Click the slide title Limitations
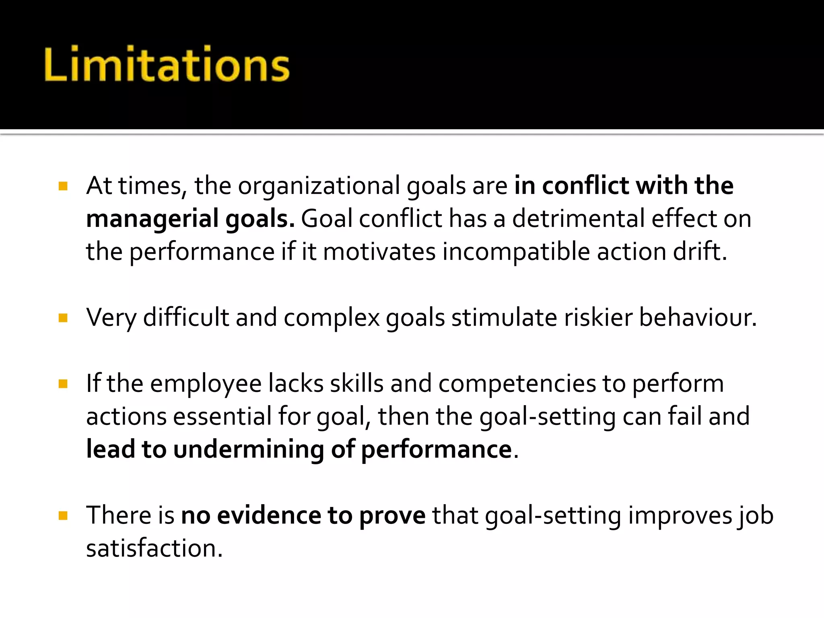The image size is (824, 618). (167, 64)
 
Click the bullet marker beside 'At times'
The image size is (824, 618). (63, 186)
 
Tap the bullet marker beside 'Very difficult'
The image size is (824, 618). (63, 318)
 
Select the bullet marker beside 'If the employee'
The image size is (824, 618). (63, 384)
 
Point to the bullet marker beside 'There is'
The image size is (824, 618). (63, 515)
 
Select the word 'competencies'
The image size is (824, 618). (517, 384)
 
